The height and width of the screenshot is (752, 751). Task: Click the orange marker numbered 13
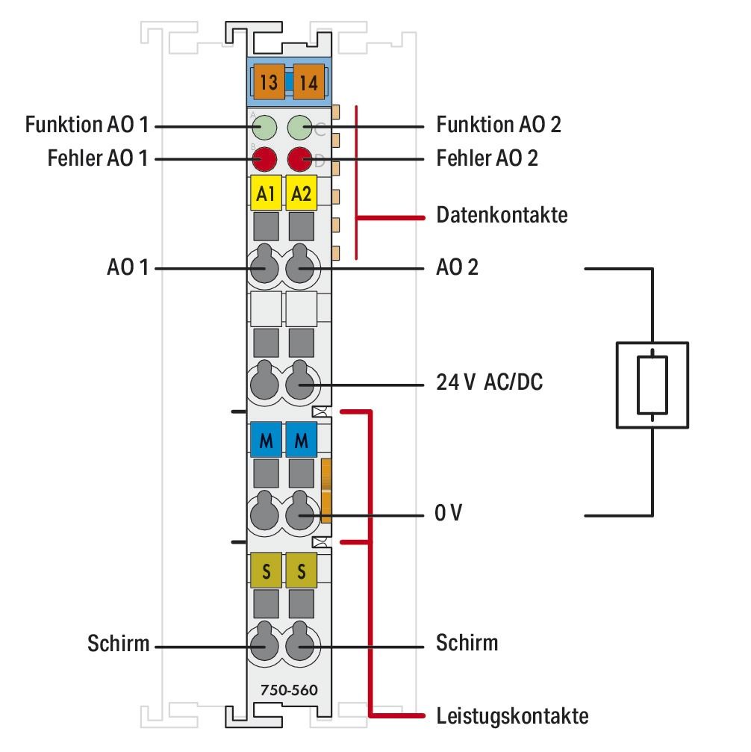[x=267, y=82]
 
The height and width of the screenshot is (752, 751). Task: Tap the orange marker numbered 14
[x=308, y=82]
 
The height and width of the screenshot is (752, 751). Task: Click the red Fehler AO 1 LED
[x=265, y=158]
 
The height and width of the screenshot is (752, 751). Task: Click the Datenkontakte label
[x=501, y=216]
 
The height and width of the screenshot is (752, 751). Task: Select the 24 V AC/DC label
[x=489, y=384]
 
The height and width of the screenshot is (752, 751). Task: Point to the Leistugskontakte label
[x=512, y=716]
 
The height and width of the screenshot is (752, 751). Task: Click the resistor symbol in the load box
[x=652, y=384]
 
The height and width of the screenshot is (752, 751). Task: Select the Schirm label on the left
[x=118, y=644]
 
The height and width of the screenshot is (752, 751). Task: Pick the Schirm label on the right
[x=467, y=642]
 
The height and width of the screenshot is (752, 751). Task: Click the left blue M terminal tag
[x=265, y=441]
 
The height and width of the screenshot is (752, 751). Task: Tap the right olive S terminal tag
[x=302, y=572]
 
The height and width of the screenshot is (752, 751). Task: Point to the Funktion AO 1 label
[x=86, y=125]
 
